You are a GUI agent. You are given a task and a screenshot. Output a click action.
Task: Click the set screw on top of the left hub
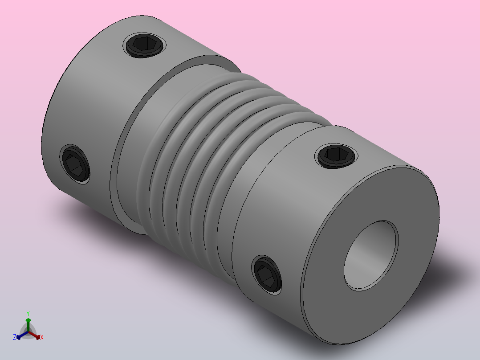coord(145,45)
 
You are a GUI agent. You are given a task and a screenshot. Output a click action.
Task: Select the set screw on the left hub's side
coord(75,164)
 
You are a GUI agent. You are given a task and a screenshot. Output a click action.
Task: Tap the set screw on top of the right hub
coord(336,155)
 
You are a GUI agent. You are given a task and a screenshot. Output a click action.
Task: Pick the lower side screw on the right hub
coord(267,275)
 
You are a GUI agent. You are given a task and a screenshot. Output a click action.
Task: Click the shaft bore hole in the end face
coord(370,256)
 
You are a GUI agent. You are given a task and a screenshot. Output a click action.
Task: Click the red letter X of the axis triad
coord(42,338)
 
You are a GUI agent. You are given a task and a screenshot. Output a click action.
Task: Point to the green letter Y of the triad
coord(28,313)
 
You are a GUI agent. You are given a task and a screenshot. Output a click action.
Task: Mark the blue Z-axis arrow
coord(20,335)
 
